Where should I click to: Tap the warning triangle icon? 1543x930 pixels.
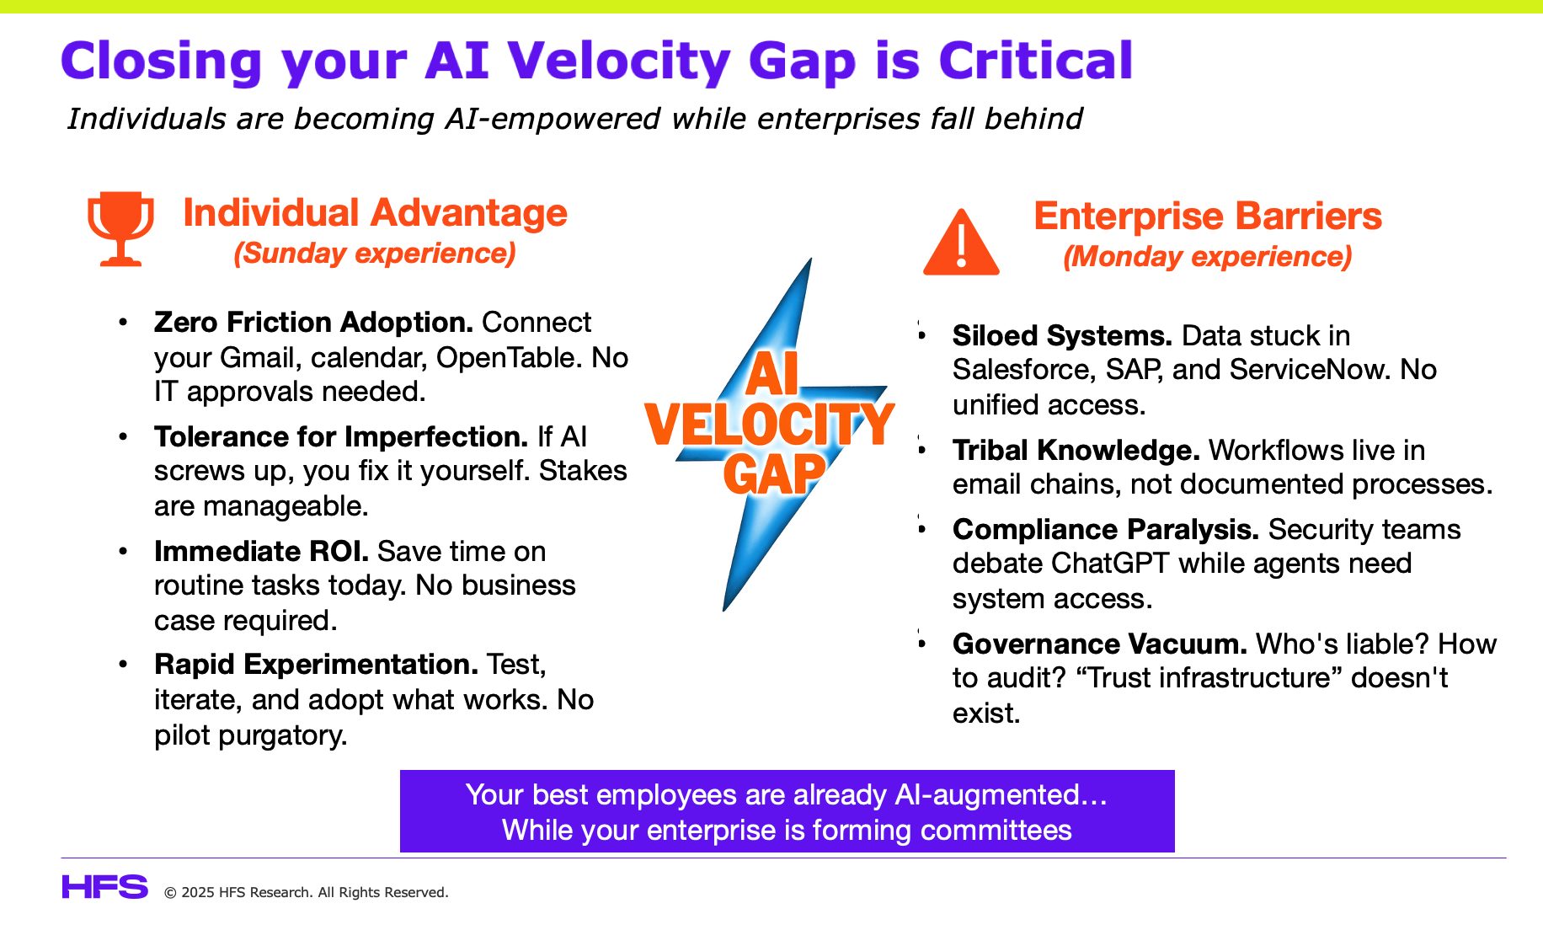(x=961, y=242)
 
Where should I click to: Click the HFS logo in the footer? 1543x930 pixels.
(x=104, y=887)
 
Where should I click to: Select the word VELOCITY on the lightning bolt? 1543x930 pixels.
(x=769, y=424)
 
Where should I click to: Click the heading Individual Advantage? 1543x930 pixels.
(x=375, y=212)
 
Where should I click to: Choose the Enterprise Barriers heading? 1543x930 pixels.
(x=1208, y=216)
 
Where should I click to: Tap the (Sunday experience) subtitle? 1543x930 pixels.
(x=375, y=253)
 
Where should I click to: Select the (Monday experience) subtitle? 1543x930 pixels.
(x=1208, y=256)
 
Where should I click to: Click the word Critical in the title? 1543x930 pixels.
(x=1035, y=61)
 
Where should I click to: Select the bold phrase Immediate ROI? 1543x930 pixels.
(x=261, y=551)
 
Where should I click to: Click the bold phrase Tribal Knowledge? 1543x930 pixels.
(x=1076, y=450)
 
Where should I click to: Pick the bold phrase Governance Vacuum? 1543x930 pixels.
(x=1100, y=644)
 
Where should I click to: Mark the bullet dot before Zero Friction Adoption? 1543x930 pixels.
(x=124, y=323)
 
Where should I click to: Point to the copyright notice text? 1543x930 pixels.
(x=306, y=892)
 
